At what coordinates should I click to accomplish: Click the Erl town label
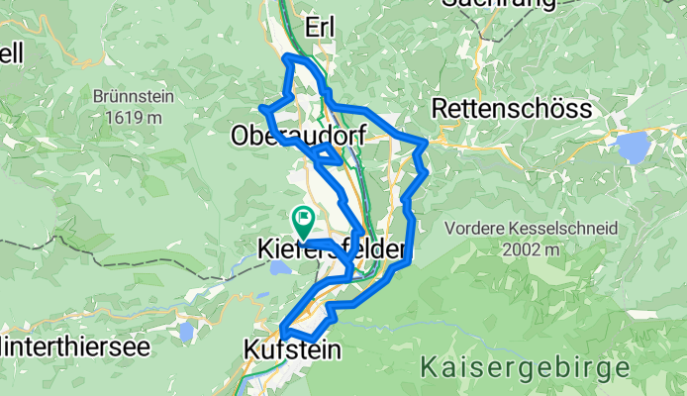click(322, 28)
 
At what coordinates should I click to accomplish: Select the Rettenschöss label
click(498, 107)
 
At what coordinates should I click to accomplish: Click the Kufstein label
click(291, 349)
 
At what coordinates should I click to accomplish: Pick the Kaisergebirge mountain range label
click(525, 367)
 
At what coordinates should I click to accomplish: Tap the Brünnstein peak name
click(127, 99)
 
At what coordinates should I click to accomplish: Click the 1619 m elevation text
click(127, 117)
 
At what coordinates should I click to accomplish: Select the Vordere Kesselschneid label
click(532, 229)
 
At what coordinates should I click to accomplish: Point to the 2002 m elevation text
click(532, 249)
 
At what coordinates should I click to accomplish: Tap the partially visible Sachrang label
click(491, 4)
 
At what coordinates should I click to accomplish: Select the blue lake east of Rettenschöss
click(632, 147)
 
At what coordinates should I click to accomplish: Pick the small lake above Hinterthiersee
click(186, 331)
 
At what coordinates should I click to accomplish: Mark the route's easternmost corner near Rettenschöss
click(427, 144)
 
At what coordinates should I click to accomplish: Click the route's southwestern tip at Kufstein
click(283, 330)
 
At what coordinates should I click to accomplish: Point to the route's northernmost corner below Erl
click(288, 58)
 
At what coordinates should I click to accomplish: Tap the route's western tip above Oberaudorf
click(261, 107)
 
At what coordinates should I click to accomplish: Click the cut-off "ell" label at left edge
click(11, 53)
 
